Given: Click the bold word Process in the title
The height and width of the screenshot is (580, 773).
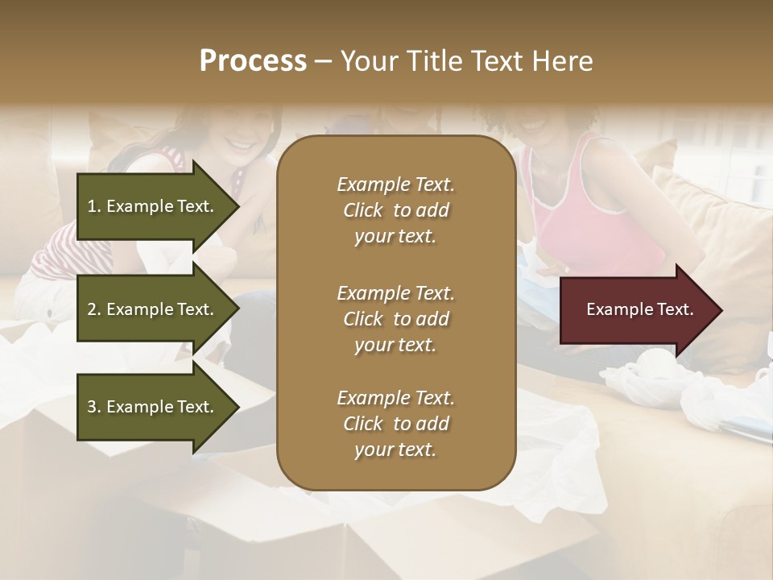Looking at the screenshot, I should point(253,61).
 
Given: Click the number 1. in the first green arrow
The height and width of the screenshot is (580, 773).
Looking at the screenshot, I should point(94,206).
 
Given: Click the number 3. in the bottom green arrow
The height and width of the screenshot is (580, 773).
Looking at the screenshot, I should point(94,407).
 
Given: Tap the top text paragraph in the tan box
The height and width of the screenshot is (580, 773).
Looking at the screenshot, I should point(395,210).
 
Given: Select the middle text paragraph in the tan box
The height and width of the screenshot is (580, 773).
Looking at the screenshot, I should point(395,319).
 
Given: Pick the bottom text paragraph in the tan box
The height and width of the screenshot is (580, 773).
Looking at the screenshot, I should point(395,424).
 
